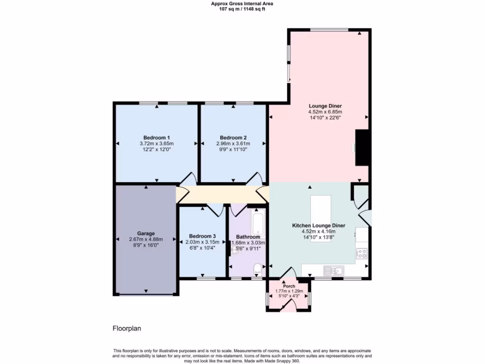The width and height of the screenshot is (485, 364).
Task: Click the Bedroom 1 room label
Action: click(157, 137)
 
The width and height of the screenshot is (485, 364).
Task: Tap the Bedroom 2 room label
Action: click(234, 137)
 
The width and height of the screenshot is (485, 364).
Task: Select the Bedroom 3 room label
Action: click(202, 236)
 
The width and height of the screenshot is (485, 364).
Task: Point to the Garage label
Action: click(146, 234)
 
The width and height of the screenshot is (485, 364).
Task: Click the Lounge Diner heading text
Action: click(325, 106)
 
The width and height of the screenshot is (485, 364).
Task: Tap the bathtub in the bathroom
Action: click(258, 226)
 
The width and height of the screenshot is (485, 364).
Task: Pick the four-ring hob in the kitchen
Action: click(362, 253)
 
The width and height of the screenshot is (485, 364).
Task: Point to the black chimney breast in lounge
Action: click(362, 147)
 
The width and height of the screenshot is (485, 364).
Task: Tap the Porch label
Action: click(289, 286)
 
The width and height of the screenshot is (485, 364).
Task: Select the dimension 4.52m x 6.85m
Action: click(325, 112)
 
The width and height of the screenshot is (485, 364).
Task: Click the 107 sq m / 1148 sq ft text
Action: click(242, 9)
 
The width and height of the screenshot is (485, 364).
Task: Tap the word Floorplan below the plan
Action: click(126, 328)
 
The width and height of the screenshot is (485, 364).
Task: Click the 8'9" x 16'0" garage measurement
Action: click(146, 245)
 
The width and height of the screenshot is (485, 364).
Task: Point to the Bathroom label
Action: click(248, 237)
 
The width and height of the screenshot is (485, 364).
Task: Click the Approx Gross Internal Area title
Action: click(242, 3)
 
